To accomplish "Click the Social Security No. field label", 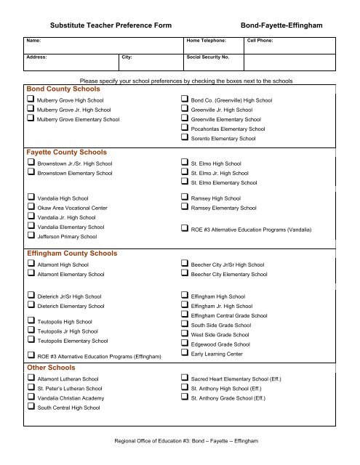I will [208, 56].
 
